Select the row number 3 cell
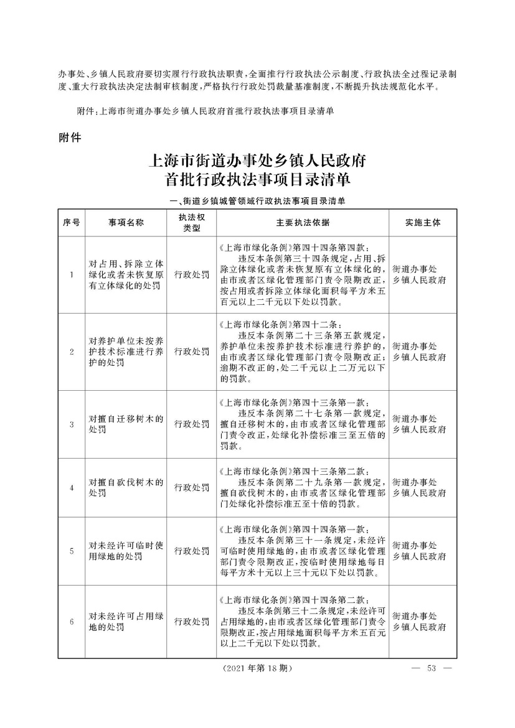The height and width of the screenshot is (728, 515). [71, 424]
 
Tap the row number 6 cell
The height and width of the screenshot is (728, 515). [71, 622]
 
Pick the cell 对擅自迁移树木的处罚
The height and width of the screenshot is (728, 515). [126, 424]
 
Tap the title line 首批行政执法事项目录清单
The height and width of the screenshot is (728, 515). [257, 181]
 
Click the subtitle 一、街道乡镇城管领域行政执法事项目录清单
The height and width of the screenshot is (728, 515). [257, 201]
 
